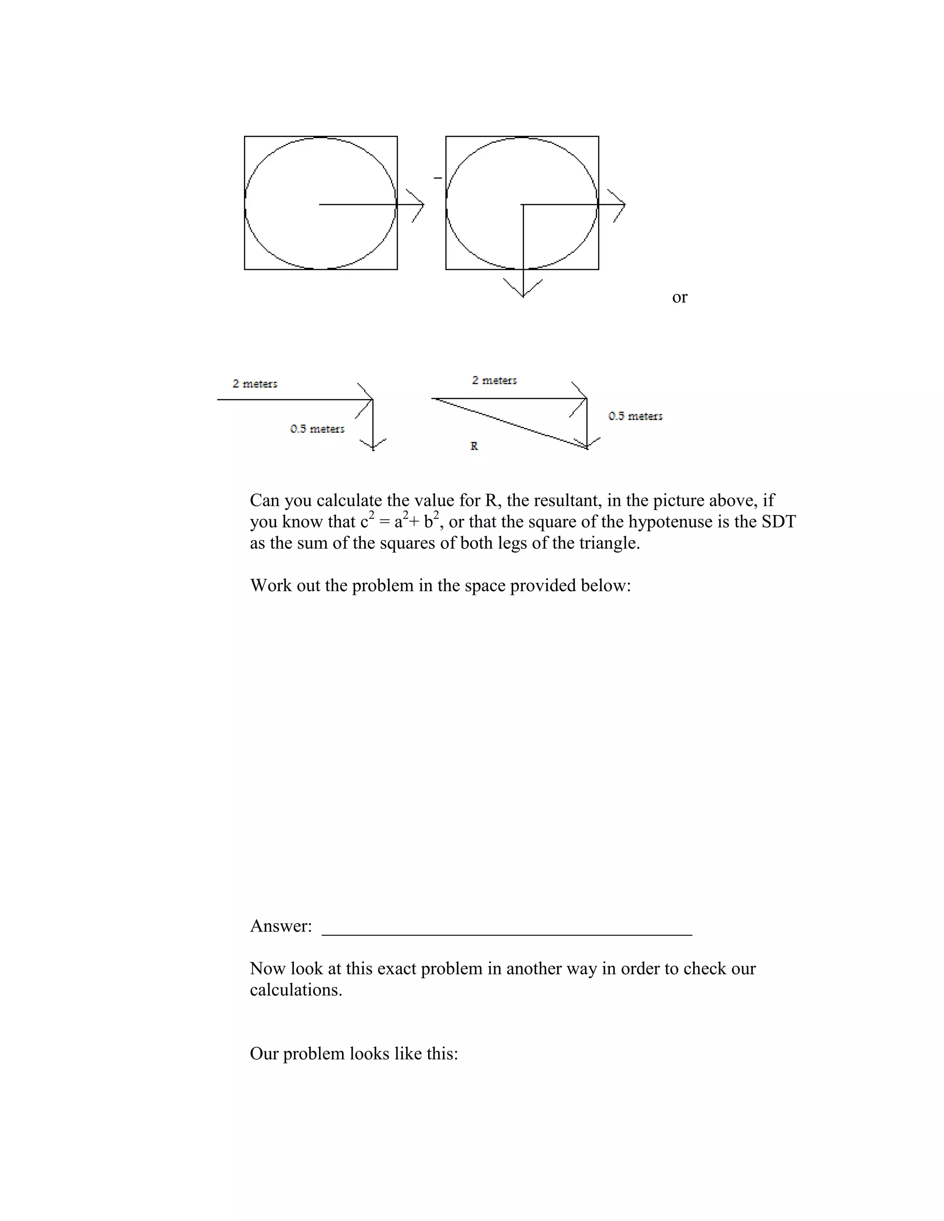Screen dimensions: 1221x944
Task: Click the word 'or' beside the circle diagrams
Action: [679, 298]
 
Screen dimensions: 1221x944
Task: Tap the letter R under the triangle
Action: [474, 446]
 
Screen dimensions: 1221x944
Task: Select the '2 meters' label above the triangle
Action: [495, 380]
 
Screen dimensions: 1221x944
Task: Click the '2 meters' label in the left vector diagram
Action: [255, 383]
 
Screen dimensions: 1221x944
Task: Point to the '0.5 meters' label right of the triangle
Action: [635, 416]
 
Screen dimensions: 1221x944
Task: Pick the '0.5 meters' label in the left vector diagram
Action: [317, 429]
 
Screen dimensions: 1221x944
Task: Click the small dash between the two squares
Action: [438, 178]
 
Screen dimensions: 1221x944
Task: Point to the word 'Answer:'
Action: [281, 927]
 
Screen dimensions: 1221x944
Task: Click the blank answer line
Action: [507, 933]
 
